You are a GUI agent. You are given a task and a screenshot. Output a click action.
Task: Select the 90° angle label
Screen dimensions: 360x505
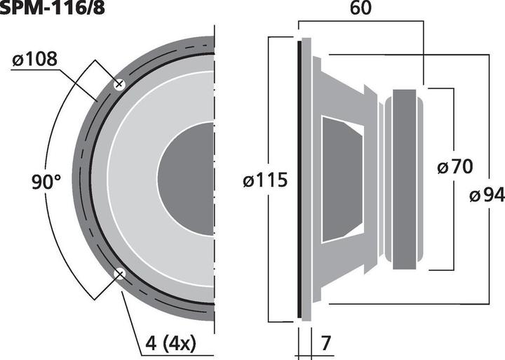[46, 182]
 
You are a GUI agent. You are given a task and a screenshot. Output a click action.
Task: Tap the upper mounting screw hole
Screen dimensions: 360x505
[119, 84]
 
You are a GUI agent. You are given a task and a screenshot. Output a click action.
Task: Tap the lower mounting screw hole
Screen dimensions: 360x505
[119, 274]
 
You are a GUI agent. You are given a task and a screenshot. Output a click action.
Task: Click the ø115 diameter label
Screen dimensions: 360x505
[264, 180]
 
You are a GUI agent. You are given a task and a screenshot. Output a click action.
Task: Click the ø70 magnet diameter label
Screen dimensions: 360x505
[454, 167]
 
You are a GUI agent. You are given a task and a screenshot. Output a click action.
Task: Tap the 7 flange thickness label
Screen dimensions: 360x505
[325, 344]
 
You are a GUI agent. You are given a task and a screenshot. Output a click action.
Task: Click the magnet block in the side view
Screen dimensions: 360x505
[408, 179]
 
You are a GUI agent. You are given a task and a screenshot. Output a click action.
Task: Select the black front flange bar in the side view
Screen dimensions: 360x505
[299, 179]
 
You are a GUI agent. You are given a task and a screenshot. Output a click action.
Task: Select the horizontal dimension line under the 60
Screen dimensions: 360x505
[363, 21]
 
